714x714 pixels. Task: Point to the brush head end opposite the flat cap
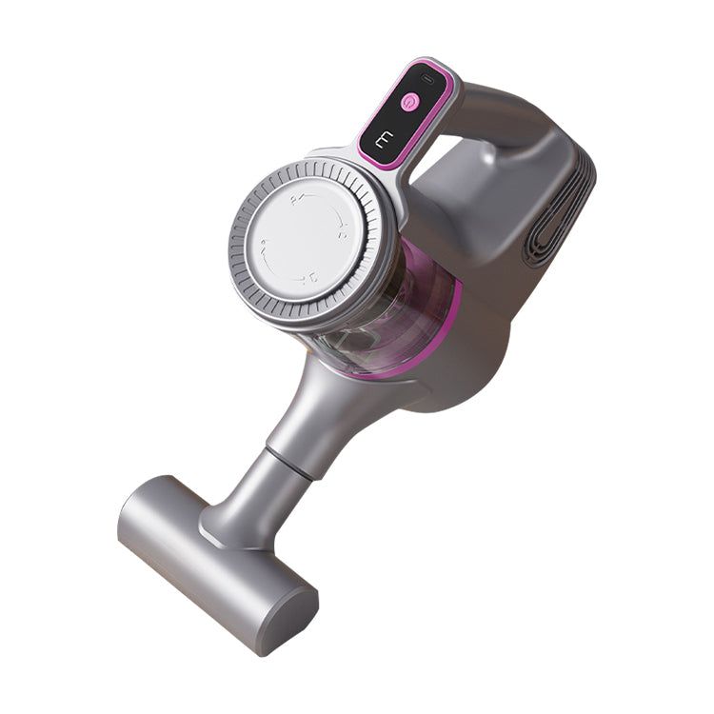click(143, 505)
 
